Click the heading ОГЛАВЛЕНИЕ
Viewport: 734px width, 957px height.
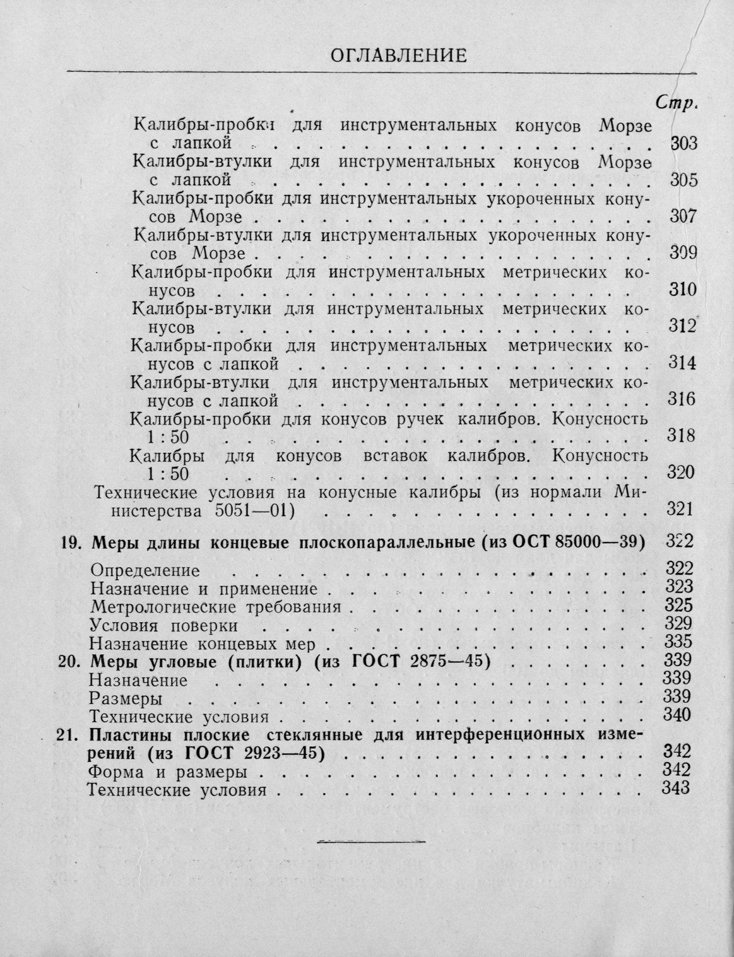(398, 56)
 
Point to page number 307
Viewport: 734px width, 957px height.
(682, 217)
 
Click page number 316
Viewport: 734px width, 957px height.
(681, 400)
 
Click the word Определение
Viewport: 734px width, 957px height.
(144, 570)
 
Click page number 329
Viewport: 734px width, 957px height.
(678, 623)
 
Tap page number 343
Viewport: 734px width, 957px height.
(677, 788)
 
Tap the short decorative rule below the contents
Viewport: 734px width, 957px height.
(369, 842)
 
